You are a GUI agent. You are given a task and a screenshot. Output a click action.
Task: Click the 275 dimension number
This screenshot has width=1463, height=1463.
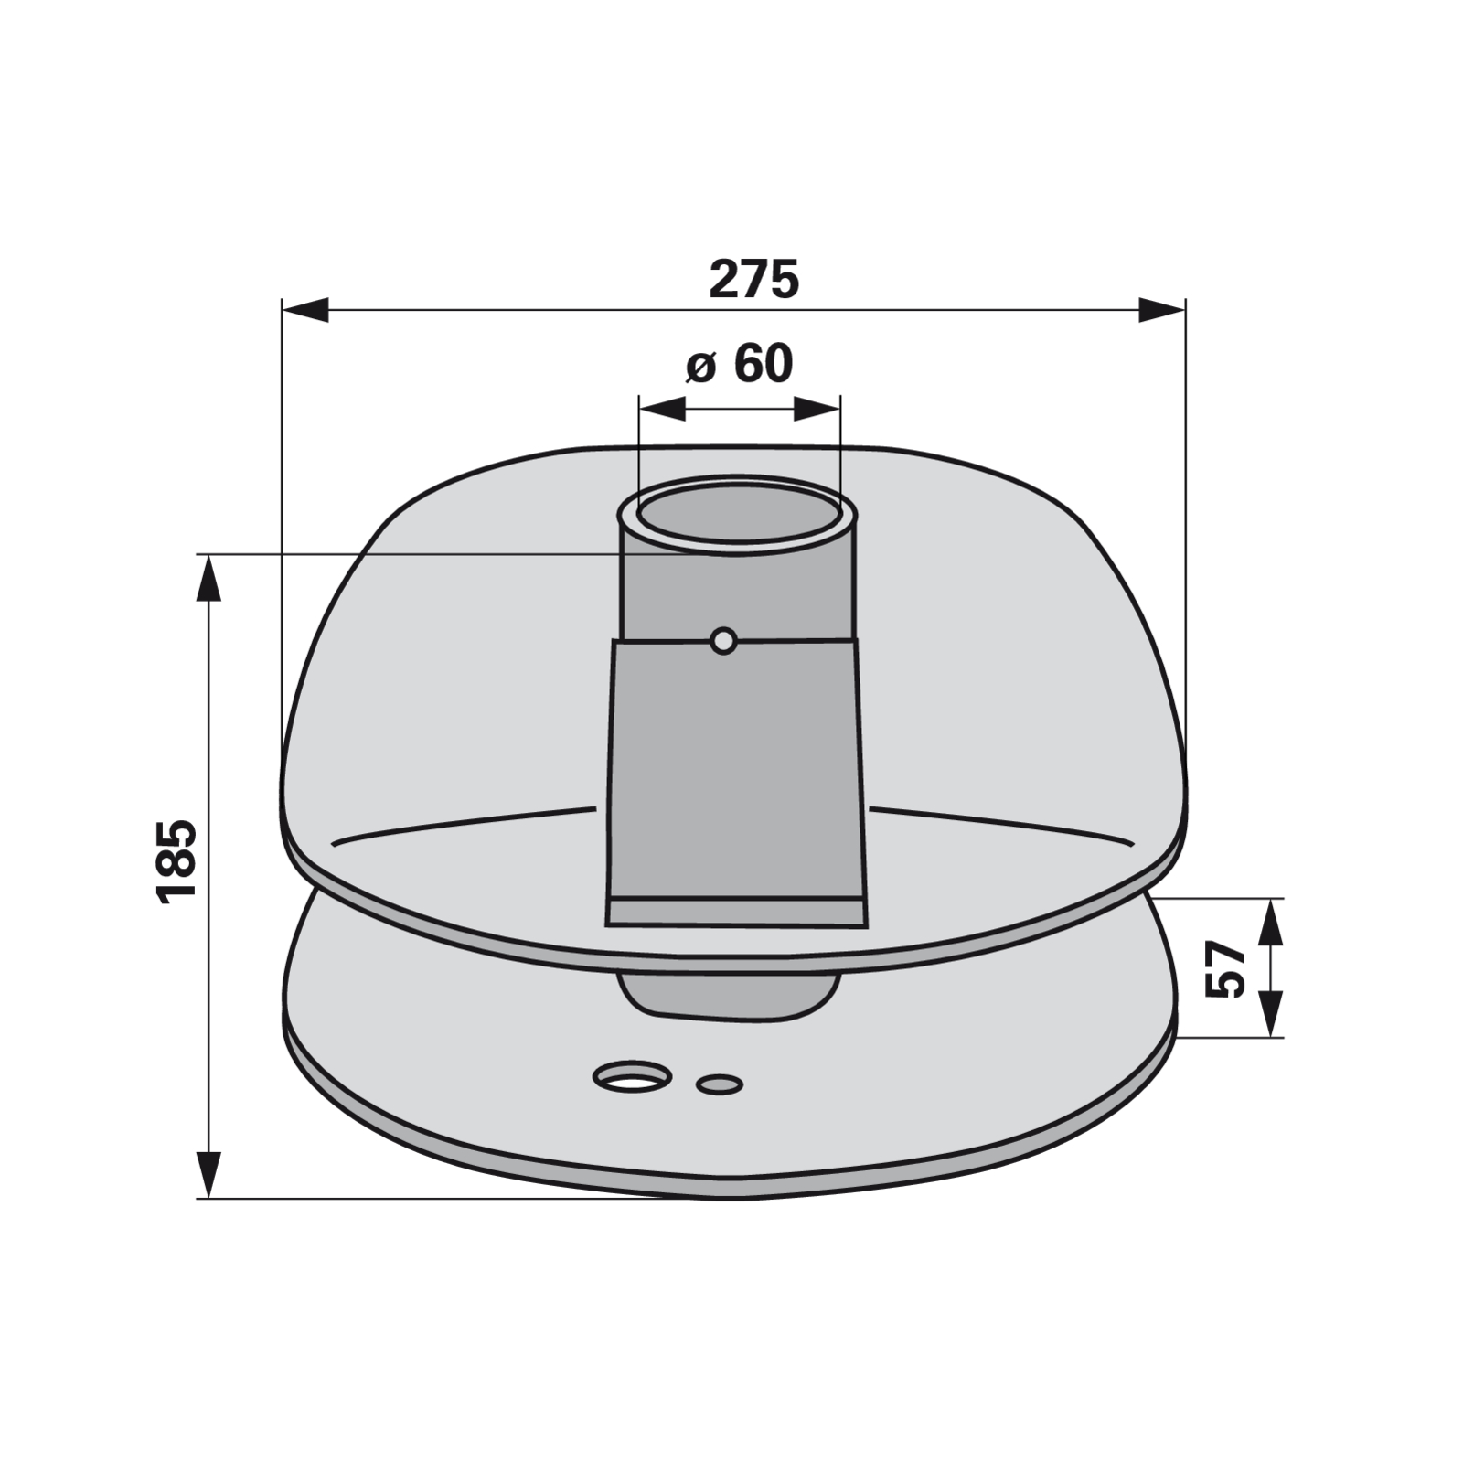(x=754, y=279)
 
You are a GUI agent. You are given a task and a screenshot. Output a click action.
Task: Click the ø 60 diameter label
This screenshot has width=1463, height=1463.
(x=740, y=364)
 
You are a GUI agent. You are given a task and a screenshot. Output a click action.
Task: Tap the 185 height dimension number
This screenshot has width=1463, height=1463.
(x=176, y=862)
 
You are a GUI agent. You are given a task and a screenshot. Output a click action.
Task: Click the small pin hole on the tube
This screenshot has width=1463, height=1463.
(x=723, y=642)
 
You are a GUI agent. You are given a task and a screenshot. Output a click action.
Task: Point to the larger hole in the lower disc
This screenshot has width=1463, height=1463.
(x=632, y=1076)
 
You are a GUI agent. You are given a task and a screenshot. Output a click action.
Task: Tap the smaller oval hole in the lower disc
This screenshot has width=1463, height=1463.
(x=720, y=1084)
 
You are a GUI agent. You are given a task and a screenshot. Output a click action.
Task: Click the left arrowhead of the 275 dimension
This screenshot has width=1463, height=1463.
(x=304, y=310)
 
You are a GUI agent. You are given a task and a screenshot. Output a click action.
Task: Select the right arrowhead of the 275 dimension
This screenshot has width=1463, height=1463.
(x=1162, y=310)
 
